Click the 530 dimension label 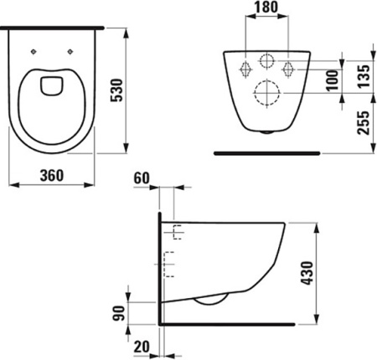coord(116,90)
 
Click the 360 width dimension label coord(52,176)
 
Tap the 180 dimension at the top coord(266,8)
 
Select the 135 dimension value coord(364,76)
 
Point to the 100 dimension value coord(333,80)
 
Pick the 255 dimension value coord(364,123)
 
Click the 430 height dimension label coord(307,273)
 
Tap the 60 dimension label coord(142,178)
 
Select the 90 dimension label coord(119,313)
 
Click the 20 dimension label coord(142,347)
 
